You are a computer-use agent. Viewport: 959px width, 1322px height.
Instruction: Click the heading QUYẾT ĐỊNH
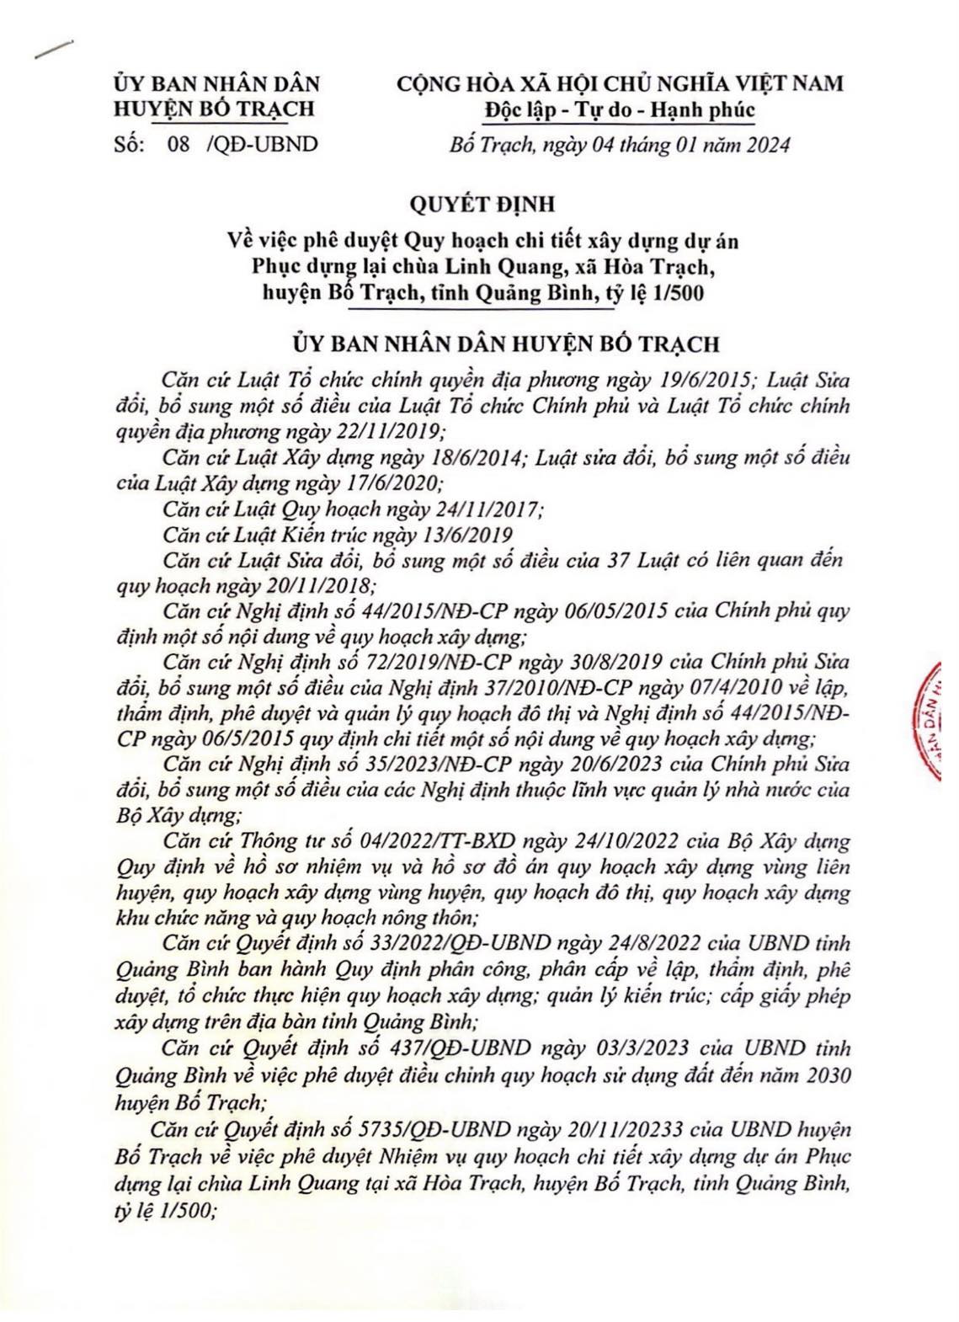click(478, 205)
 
